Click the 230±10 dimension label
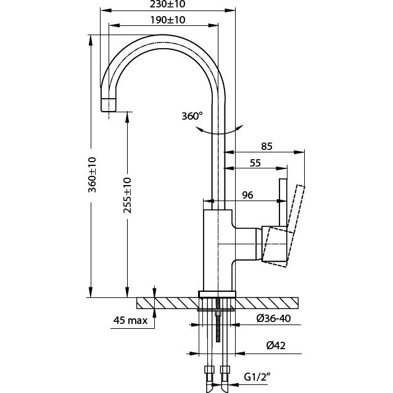point(168,4)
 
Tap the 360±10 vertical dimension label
point(92,174)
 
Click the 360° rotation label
point(192,116)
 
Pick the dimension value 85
point(267,147)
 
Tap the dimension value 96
point(248,195)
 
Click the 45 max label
point(131,320)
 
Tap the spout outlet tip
point(108,105)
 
